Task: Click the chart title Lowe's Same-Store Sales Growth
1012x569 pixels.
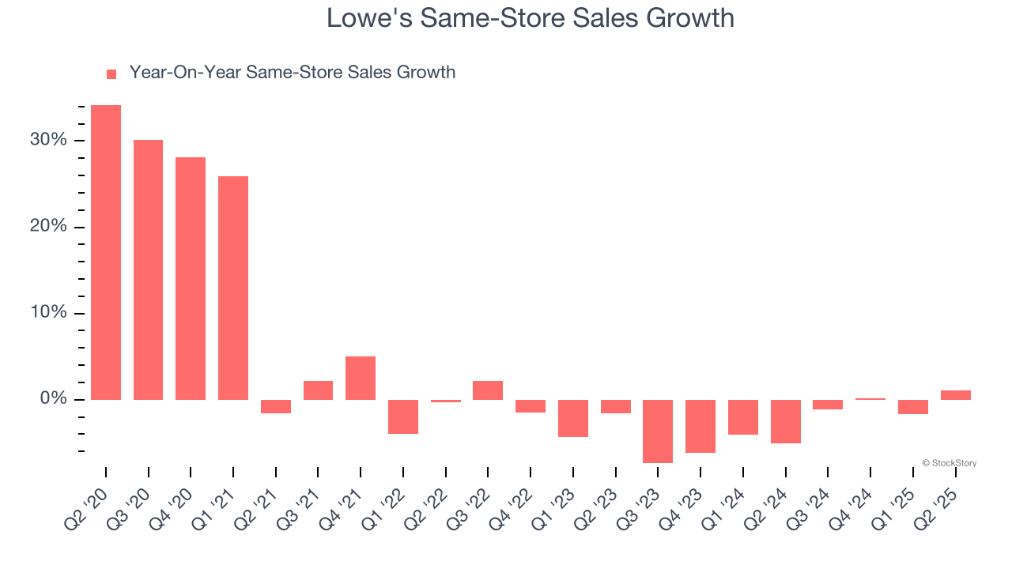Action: click(x=531, y=18)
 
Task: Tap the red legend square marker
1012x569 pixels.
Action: click(x=111, y=73)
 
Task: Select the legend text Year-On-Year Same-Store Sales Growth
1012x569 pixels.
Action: click(x=292, y=73)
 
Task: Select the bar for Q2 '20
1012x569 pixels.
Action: click(x=106, y=252)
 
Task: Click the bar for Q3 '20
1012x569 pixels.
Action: click(x=148, y=269)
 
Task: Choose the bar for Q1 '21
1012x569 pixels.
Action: click(x=233, y=288)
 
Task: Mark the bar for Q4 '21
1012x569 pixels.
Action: click(x=361, y=378)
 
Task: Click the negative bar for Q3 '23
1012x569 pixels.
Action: click(x=658, y=431)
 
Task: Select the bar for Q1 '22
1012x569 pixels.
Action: click(x=403, y=416)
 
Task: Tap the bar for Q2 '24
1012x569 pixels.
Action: click(x=785, y=421)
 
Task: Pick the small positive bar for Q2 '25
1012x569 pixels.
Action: click(x=955, y=395)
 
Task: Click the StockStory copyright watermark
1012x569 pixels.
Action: click(x=949, y=463)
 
